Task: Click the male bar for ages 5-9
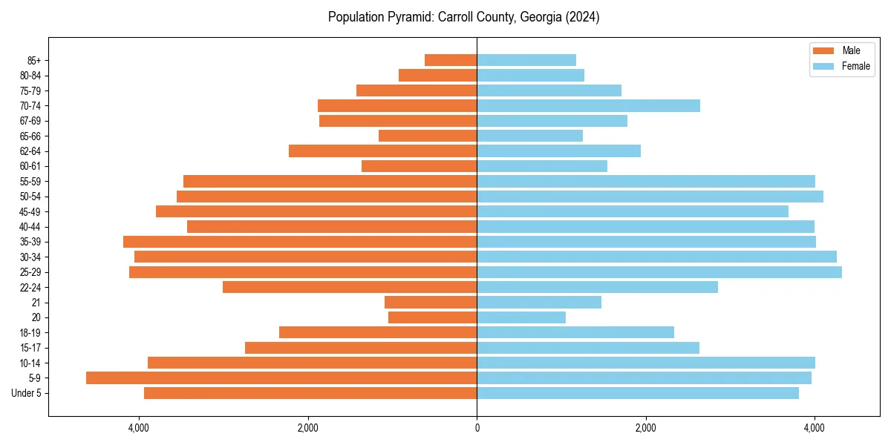pos(281,378)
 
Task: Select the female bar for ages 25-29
pos(659,272)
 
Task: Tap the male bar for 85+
pos(451,60)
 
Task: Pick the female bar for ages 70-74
pos(588,105)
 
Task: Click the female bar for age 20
pos(521,317)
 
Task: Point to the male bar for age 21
pos(431,302)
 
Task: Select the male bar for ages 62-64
pos(382,151)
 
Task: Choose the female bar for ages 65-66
pos(529,136)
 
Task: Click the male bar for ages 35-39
pos(300,242)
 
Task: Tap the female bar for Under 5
pos(638,393)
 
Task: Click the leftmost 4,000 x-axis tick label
pos(139,428)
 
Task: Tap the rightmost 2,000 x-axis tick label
pos(645,428)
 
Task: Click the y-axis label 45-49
pos(30,211)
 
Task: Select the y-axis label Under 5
pos(27,393)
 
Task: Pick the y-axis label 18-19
pos(30,332)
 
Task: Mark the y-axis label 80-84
pos(30,75)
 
